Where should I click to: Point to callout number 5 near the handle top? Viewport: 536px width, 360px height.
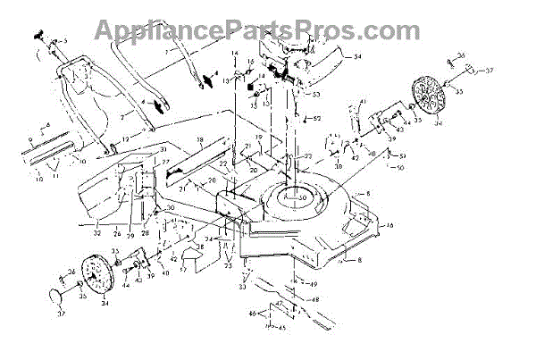[x=65, y=42]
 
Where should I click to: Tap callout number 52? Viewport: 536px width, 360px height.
[x=320, y=119]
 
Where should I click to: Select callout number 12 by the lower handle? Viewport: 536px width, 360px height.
[x=127, y=140]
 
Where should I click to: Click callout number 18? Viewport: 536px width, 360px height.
[x=200, y=141]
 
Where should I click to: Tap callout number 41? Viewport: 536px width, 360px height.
[x=362, y=102]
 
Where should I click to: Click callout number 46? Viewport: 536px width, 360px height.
[x=252, y=313]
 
